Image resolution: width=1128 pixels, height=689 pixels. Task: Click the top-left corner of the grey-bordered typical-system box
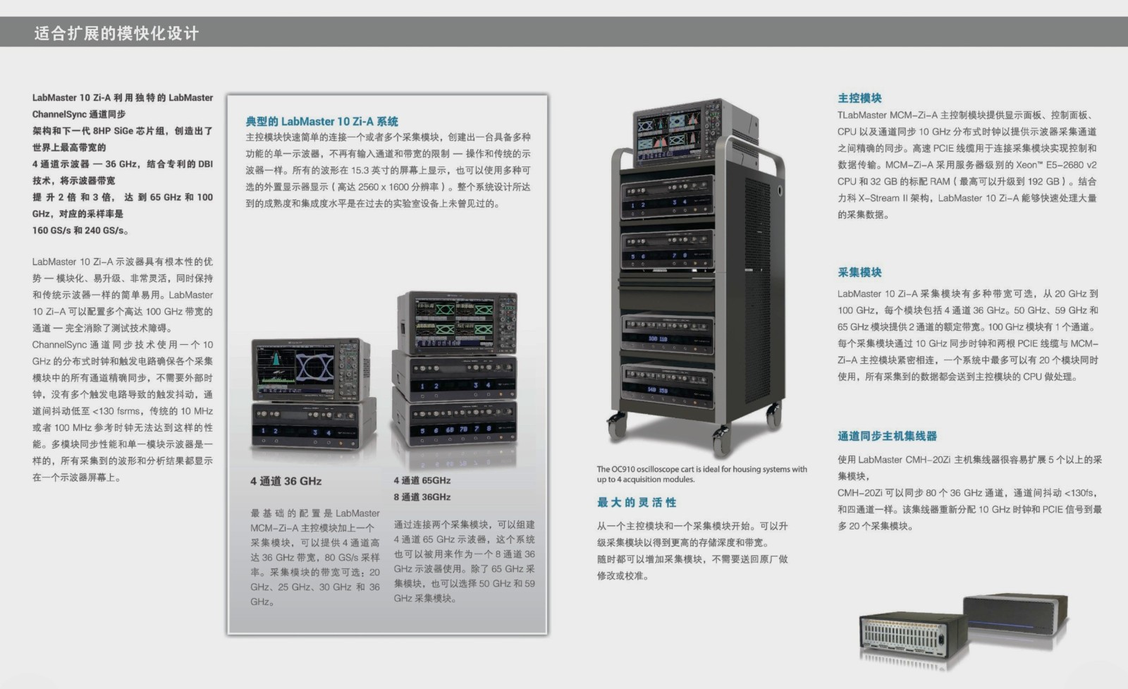pos(228,95)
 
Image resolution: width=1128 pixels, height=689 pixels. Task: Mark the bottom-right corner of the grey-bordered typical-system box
pos(547,633)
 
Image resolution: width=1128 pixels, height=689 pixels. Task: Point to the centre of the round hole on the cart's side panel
pos(780,190)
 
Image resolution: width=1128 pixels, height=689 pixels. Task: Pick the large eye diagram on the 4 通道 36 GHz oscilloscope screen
pos(314,367)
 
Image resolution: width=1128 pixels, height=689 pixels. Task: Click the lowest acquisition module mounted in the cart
pos(668,381)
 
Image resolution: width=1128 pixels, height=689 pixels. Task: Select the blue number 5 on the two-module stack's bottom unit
pos(422,431)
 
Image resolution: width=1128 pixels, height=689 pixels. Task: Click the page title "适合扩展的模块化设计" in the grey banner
pos(116,33)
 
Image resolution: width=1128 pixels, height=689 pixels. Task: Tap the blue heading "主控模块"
pos(859,98)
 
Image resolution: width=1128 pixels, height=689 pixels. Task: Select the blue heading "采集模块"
pos(859,272)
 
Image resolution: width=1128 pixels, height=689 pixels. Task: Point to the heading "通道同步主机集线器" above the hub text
pos(888,436)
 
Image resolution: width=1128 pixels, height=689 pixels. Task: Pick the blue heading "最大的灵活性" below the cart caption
pos(637,502)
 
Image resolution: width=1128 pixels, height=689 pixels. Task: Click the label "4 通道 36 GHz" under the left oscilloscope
pos(286,481)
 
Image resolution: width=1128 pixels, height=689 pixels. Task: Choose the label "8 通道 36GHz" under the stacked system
pos(422,497)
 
